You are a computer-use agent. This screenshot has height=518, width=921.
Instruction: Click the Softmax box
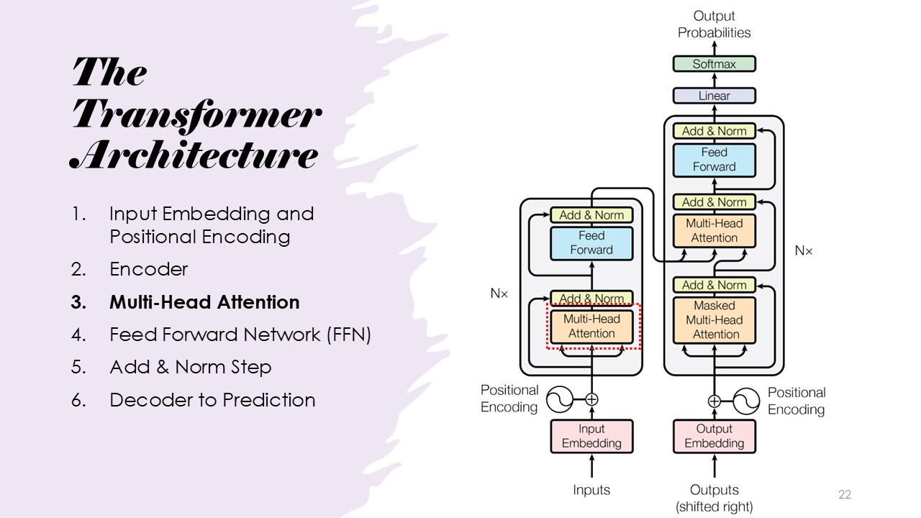pos(714,64)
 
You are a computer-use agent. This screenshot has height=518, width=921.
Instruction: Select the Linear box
pos(714,96)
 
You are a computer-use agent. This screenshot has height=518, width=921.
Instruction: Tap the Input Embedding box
pos(591,437)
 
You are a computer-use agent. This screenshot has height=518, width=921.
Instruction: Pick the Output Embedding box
pos(714,437)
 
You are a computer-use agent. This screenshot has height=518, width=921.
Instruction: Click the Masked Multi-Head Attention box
pos(714,320)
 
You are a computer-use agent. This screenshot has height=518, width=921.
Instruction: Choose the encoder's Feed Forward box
pos(591,243)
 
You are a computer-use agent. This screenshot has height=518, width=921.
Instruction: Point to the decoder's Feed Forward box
pos(714,160)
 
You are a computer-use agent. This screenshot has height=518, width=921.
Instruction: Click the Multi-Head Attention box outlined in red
pos(591,327)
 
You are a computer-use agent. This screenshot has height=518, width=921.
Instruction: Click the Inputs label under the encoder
pos(591,490)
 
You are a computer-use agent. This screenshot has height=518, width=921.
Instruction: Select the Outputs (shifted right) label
pos(714,499)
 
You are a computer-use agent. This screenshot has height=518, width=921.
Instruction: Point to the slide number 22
pos(845,495)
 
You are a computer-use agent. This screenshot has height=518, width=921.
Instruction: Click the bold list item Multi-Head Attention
pos(204,302)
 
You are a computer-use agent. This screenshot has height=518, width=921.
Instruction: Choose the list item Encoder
pos(148,269)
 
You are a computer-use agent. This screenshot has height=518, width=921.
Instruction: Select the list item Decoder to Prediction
pos(212,400)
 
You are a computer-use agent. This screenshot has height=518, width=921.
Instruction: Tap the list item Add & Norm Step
pos(190,367)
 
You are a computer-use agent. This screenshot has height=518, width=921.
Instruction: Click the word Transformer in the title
pos(196,114)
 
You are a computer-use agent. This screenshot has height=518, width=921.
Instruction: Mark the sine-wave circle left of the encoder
pos(560,399)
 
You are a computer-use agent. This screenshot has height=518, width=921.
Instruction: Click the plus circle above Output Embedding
pos(714,401)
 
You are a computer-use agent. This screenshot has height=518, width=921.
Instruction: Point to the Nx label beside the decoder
pos(804,251)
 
